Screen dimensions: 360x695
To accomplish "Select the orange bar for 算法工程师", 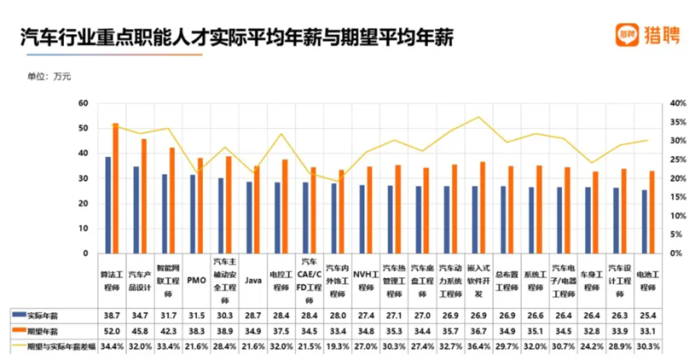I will pos(115,188).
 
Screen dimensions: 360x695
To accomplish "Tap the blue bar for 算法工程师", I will pos(108,205).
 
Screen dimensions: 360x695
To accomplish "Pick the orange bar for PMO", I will pos(200,206).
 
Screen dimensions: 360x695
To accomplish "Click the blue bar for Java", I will pos(249,217).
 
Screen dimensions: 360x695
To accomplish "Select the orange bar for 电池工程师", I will pos(652,212).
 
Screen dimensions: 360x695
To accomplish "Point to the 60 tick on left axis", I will pos(83,104).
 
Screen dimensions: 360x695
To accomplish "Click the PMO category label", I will pos(195,279).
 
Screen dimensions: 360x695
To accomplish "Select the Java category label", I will pos(253,280).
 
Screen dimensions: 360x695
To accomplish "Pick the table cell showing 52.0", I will pos(111,330).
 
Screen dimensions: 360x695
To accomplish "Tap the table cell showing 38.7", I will pos(111,315).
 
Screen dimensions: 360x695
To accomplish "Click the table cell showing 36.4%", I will pos(478,345).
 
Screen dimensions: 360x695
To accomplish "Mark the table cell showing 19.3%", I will pos(337,345).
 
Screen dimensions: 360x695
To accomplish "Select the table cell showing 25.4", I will pos(647,315).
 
